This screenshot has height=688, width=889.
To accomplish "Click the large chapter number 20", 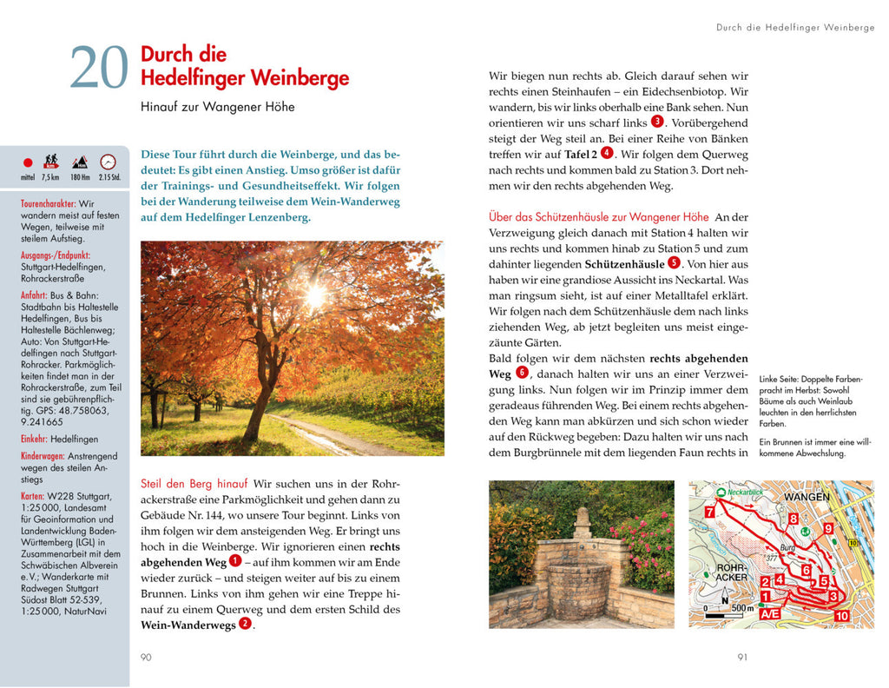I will click(x=99, y=68).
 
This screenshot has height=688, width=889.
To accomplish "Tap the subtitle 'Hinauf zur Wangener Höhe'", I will click(x=217, y=107).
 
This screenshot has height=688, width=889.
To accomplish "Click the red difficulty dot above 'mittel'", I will click(x=27, y=162).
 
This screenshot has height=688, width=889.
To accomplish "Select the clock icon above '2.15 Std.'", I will click(x=109, y=161).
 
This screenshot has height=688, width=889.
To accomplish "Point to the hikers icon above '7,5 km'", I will click(x=51, y=161).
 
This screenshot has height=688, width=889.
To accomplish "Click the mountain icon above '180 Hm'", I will click(x=80, y=162).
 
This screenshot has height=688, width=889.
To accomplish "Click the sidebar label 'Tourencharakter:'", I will click(x=48, y=203).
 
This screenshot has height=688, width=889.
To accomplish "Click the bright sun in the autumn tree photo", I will click(x=314, y=291).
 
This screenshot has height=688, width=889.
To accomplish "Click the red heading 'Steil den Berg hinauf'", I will click(x=194, y=483).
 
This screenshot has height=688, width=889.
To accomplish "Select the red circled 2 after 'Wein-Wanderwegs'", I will click(x=245, y=623).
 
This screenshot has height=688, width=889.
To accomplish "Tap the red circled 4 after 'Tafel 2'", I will click(x=607, y=153).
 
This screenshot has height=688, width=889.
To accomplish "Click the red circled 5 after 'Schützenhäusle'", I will click(x=674, y=263).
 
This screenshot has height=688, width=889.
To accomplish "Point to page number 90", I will click(x=146, y=658).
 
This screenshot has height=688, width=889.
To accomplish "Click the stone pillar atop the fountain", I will click(x=581, y=523).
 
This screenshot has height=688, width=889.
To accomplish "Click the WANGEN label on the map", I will click(x=807, y=497).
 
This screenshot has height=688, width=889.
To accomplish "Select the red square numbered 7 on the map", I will click(x=709, y=513).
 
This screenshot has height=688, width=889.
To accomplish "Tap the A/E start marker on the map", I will click(x=768, y=613).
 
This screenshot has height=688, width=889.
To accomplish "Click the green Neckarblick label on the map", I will click(x=745, y=491).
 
